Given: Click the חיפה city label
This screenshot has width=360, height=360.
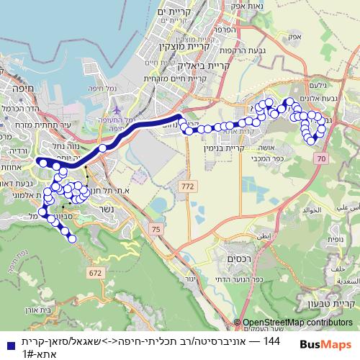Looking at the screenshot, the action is pyautogui.click(x=14, y=89).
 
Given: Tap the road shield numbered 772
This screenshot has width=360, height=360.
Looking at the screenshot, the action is pyautogui.click(x=189, y=186).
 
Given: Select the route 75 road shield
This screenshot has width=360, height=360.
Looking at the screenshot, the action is pyautogui.click(x=156, y=229).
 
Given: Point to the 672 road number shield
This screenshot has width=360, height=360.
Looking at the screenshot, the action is pyautogui.click(x=96, y=273).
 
